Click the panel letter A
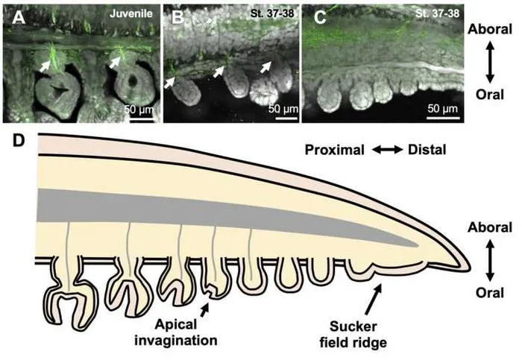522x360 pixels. [19, 18]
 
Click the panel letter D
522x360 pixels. [19, 141]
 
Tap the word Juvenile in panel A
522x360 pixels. [131, 13]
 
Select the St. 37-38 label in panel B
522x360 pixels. [272, 13]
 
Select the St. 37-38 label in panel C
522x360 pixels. [438, 13]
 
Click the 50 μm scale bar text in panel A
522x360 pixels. [139, 109]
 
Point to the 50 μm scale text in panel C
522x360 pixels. [443, 109]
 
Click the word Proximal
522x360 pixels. [334, 150]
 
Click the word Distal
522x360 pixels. [427, 150]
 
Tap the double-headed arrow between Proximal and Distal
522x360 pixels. [387, 150]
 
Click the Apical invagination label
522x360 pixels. [176, 332]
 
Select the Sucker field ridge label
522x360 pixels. [353, 334]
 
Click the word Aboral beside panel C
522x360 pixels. [490, 29]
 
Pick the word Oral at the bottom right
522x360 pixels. [490, 293]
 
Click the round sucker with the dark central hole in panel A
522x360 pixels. [133, 82]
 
